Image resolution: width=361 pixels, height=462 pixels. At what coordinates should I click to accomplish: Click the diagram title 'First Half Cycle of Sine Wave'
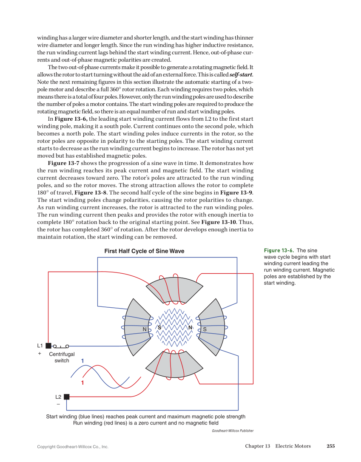(x=144, y=251)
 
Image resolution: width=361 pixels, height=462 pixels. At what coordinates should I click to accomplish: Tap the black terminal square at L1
(x=48, y=346)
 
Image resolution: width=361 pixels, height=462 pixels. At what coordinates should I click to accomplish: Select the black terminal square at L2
(x=67, y=397)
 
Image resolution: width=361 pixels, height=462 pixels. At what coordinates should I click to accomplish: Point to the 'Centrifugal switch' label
(x=62, y=357)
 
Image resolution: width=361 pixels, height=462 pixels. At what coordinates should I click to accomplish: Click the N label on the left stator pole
(x=145, y=329)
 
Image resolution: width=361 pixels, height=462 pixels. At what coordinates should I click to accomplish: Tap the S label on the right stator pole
(x=205, y=329)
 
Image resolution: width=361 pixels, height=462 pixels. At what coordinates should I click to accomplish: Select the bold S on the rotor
(x=159, y=328)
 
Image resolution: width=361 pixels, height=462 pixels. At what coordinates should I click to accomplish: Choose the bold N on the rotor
(x=190, y=328)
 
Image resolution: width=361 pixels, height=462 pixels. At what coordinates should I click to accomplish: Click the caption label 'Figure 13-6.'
(x=279, y=251)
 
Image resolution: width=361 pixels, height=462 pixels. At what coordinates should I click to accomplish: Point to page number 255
(x=331, y=446)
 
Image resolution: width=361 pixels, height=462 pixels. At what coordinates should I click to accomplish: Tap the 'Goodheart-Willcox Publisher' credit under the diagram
(x=233, y=431)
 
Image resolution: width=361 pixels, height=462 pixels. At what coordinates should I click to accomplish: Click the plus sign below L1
(x=40, y=354)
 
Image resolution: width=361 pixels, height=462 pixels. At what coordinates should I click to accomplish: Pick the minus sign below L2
(x=58, y=404)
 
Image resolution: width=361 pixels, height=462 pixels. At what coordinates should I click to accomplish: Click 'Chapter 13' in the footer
(x=258, y=446)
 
